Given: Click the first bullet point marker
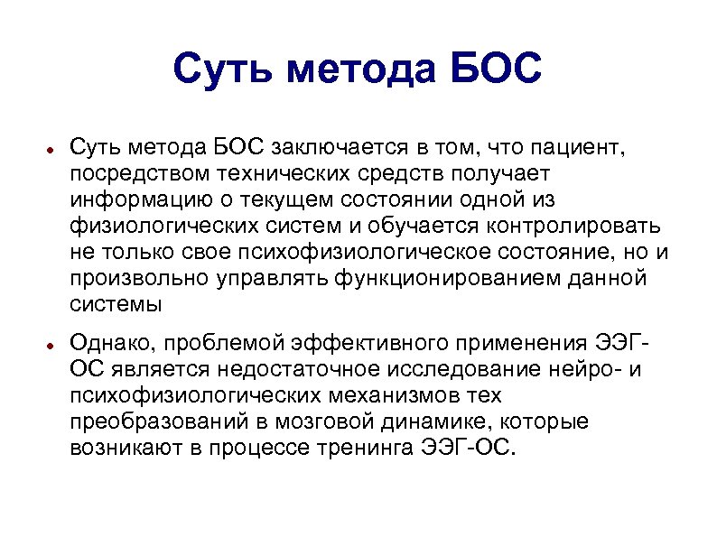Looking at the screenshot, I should [x=53, y=148].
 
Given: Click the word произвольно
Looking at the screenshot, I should [x=141, y=277].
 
